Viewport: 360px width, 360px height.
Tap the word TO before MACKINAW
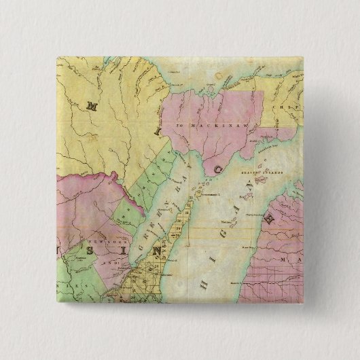[x=180, y=126]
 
